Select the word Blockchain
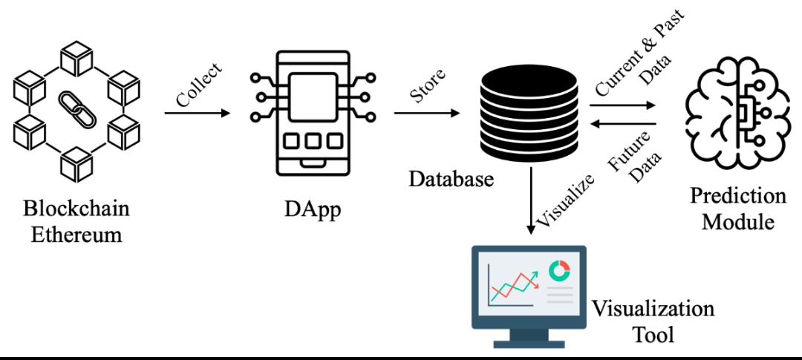[76, 209]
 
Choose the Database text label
[451, 179]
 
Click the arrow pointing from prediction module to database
[623, 125]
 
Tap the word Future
[626, 152]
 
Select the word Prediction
[738, 196]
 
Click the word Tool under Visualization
[653, 334]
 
